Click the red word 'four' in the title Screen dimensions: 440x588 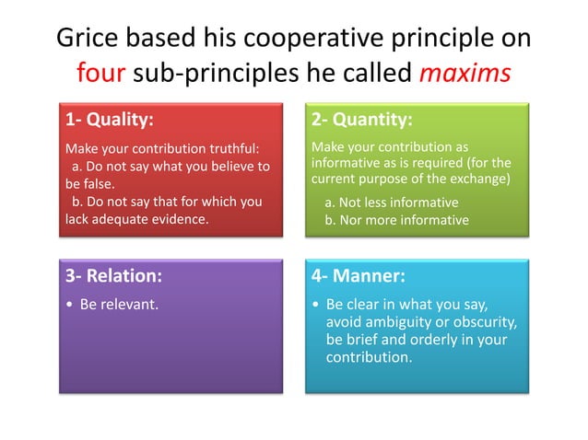100,73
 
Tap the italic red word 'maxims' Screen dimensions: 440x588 466,73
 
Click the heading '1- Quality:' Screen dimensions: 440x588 110,120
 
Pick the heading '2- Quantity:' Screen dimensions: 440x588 361,120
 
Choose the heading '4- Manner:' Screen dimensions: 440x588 359,275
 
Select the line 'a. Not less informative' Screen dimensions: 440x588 392,203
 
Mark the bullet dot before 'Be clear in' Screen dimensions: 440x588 316,304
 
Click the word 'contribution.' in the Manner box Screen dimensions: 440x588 369,356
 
